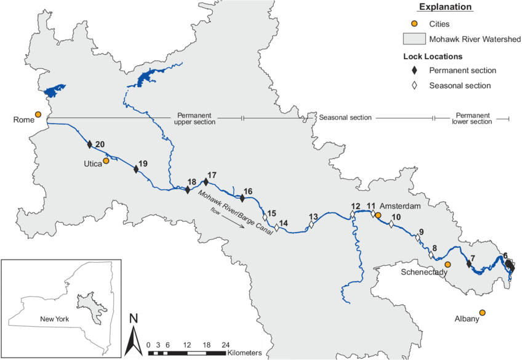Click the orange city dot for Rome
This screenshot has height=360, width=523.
pos(38,114)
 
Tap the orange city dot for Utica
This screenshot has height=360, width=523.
pos(106,161)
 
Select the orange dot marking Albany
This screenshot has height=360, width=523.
pos(482,313)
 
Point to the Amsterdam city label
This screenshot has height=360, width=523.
pos(400,206)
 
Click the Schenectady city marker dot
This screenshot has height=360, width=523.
pos(448,264)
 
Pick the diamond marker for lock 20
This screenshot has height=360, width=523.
pos(90,145)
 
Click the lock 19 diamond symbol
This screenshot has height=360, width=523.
pos(136,169)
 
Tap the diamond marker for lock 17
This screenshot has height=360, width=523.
pos(206,182)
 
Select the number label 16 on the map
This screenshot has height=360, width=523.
pos(248,191)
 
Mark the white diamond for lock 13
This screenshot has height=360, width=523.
pos(311,225)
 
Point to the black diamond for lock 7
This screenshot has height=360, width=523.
pos(469,264)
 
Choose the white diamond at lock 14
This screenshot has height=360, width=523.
pos(277,228)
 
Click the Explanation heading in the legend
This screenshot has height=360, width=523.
pos(445,7)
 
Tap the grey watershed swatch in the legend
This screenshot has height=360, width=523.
pos(414,39)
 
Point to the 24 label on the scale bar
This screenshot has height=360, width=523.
pos(226,345)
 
